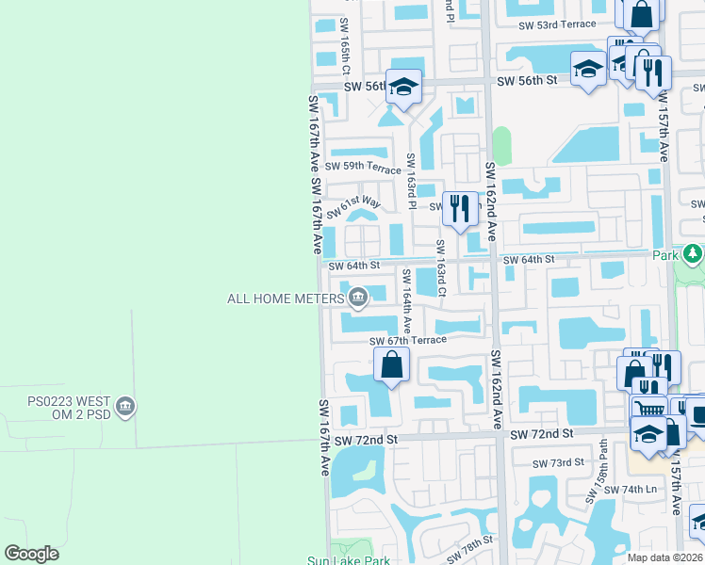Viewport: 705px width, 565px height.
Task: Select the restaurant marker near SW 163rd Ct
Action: pos(460,210)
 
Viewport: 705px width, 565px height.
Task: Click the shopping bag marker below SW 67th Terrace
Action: pos(392,363)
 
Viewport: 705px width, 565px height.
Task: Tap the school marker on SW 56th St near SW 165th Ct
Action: pos(403,89)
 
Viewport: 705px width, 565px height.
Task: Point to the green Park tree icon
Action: pos(693,254)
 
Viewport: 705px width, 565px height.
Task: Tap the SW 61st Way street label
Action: pos(353,204)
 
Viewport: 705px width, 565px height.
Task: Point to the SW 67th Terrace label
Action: pos(407,340)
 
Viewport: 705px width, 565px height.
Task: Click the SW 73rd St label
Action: pos(559,463)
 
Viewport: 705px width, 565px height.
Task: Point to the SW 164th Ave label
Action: pos(407,300)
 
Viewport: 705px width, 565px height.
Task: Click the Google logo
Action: pos(31,554)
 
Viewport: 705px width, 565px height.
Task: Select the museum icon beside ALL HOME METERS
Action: pos(358,299)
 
